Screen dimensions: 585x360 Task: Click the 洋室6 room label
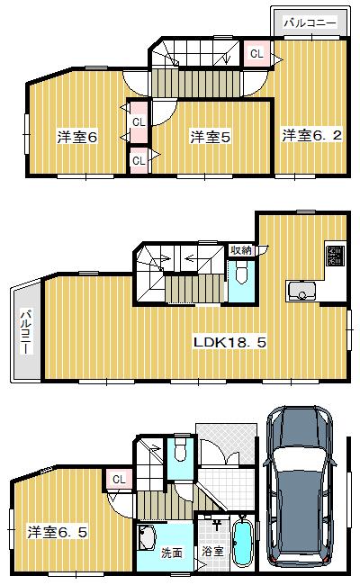[x=78, y=137]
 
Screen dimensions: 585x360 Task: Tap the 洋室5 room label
[x=211, y=137]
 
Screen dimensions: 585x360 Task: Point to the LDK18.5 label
[x=230, y=342]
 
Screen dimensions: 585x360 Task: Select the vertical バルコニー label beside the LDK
[x=24, y=332]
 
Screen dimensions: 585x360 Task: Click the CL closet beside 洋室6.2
[x=256, y=54]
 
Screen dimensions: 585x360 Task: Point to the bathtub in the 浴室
[x=240, y=544]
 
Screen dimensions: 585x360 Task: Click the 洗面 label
[x=172, y=553]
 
